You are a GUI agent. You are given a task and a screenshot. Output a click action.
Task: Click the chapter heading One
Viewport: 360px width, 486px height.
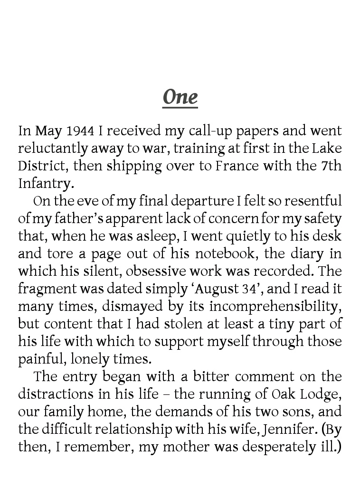[180, 97]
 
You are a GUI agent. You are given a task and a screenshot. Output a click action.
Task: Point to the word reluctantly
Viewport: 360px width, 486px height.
[48, 149]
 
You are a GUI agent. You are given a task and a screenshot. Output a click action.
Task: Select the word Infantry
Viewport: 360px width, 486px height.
[45, 184]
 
